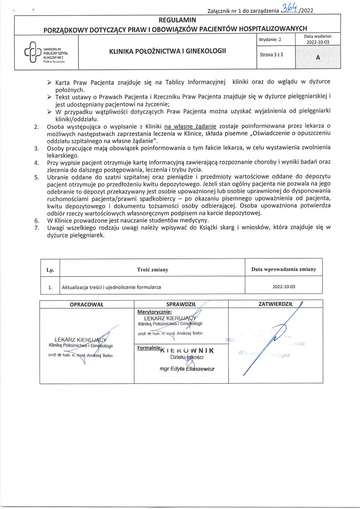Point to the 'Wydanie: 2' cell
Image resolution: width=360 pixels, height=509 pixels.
[270, 39]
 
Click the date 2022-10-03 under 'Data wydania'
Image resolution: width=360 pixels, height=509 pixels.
[317, 42]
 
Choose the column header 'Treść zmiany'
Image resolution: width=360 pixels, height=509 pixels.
[153, 269]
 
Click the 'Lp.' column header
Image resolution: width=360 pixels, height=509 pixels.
[50, 270]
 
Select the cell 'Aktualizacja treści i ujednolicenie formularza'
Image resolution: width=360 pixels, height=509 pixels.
[111, 287]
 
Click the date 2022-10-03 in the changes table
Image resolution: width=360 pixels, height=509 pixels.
[284, 287]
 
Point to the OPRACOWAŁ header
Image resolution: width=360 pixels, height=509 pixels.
[87, 304]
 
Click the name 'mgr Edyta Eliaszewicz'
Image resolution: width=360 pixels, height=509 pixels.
[184, 369]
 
